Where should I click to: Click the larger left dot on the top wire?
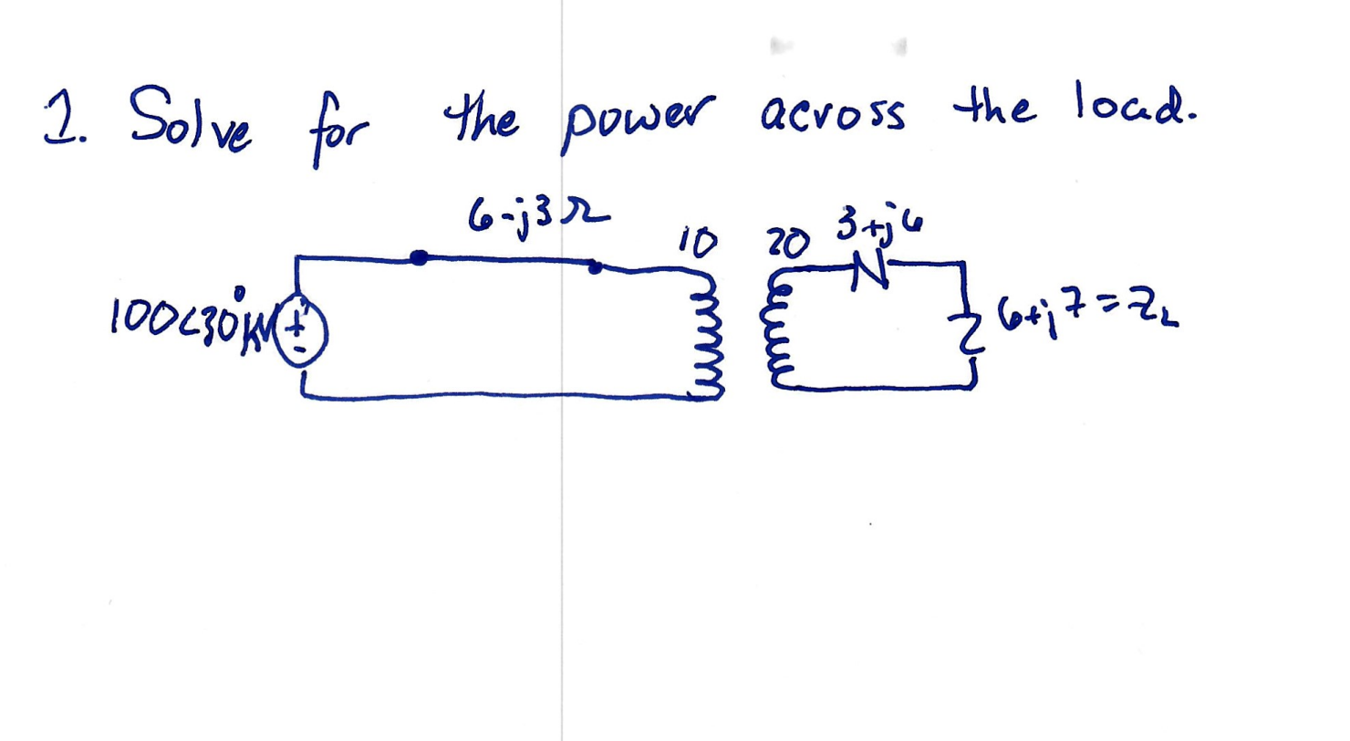419,258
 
